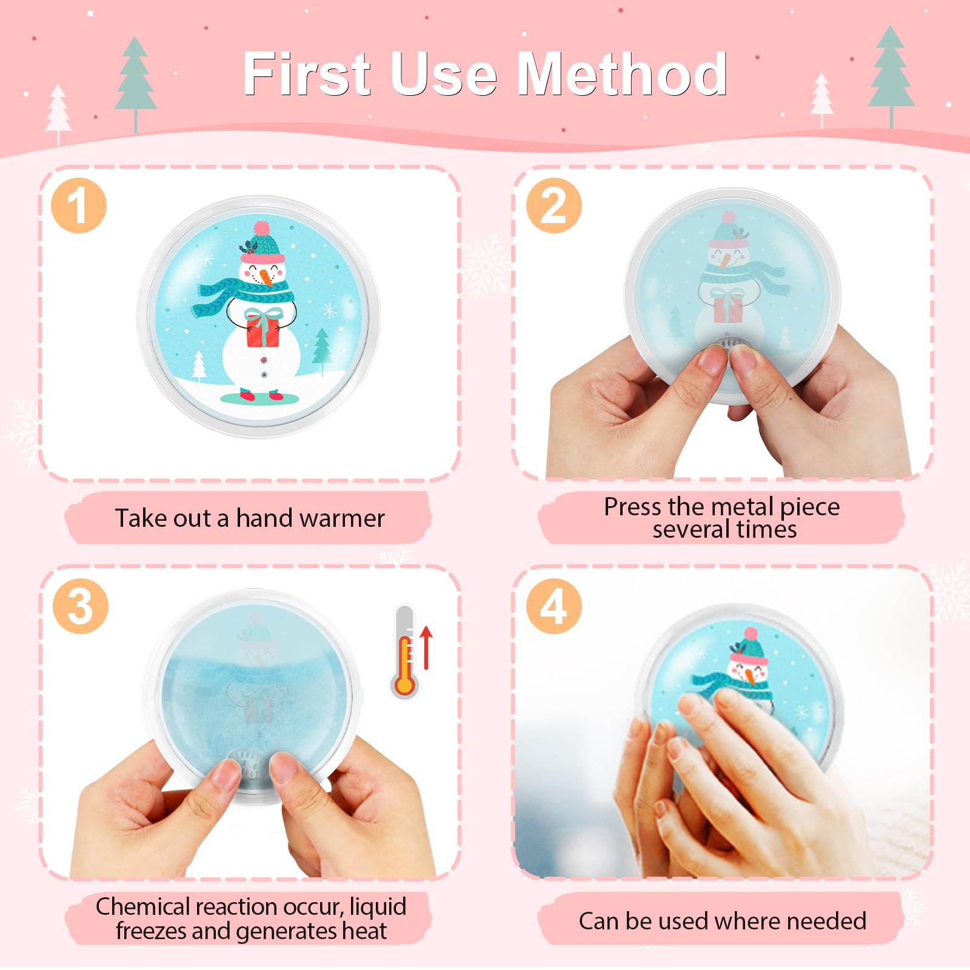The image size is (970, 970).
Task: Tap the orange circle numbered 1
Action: (79, 206)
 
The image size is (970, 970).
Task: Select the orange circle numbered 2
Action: (554, 206)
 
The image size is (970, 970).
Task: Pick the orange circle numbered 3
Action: (80, 606)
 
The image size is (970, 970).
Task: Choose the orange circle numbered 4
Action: (554, 606)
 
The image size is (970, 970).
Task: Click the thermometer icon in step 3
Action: (405, 652)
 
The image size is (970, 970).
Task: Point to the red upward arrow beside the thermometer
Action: (426, 647)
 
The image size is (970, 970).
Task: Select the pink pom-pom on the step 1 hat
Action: (261, 228)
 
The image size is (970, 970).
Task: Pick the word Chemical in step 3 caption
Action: (142, 906)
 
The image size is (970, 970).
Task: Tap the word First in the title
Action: (307, 74)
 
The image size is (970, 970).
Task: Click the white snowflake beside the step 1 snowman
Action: (329, 311)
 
